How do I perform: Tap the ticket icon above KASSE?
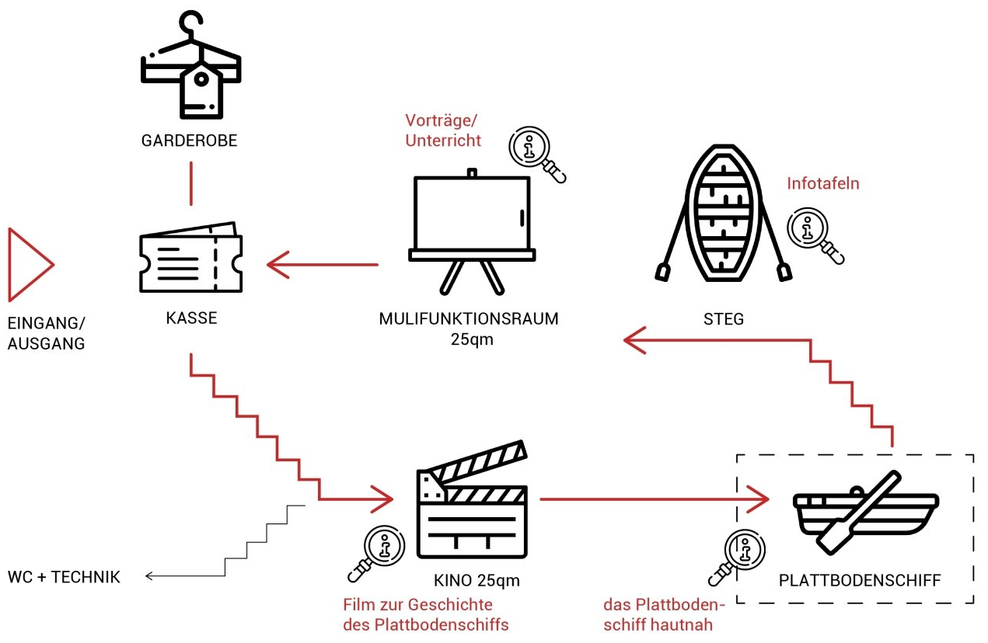coord(191,260)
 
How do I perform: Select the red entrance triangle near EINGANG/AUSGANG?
coord(30,265)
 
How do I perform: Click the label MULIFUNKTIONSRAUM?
coord(469,319)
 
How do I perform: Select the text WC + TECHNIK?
coord(64,577)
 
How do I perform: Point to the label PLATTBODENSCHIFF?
coord(860,580)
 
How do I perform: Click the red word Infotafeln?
coord(823,184)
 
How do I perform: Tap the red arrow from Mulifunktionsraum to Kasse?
coord(322,265)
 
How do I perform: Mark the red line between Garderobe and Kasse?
coord(190,183)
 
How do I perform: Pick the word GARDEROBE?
coord(190,141)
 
